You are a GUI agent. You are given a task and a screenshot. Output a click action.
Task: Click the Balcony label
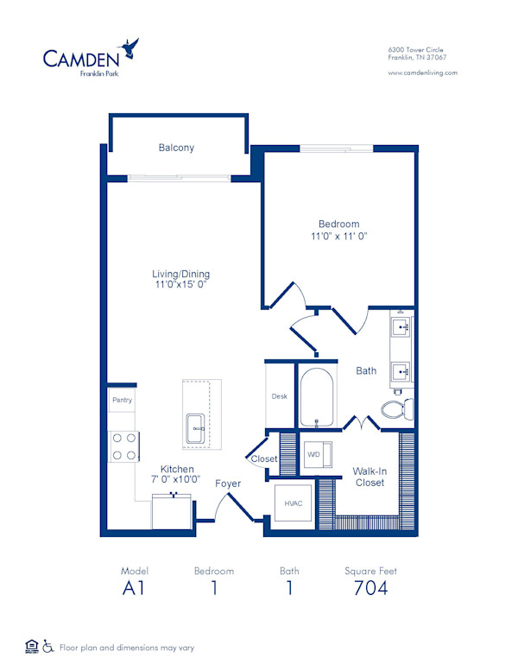pyautogui.click(x=176, y=148)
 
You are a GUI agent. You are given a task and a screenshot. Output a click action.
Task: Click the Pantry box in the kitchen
pyautogui.click(x=121, y=401)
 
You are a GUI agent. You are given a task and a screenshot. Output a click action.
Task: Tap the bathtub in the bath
pyautogui.click(x=318, y=396)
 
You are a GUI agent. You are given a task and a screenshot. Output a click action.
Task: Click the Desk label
pyautogui.click(x=278, y=396)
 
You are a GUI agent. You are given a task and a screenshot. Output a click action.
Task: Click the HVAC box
pyautogui.click(x=293, y=502)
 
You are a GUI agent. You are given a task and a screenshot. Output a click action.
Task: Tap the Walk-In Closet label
pyautogui.click(x=370, y=477)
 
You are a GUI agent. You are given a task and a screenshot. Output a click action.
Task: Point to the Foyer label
pyautogui.click(x=228, y=484)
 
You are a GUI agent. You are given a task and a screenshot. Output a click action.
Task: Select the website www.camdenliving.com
pyautogui.click(x=422, y=73)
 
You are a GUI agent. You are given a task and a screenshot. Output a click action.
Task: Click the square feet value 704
pyautogui.click(x=370, y=589)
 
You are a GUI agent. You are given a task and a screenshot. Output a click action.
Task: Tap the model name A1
pyautogui.click(x=135, y=589)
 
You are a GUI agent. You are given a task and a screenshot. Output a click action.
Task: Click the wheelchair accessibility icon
pyautogui.click(x=49, y=646)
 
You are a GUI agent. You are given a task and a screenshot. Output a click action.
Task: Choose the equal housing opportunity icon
pyautogui.click(x=32, y=646)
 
